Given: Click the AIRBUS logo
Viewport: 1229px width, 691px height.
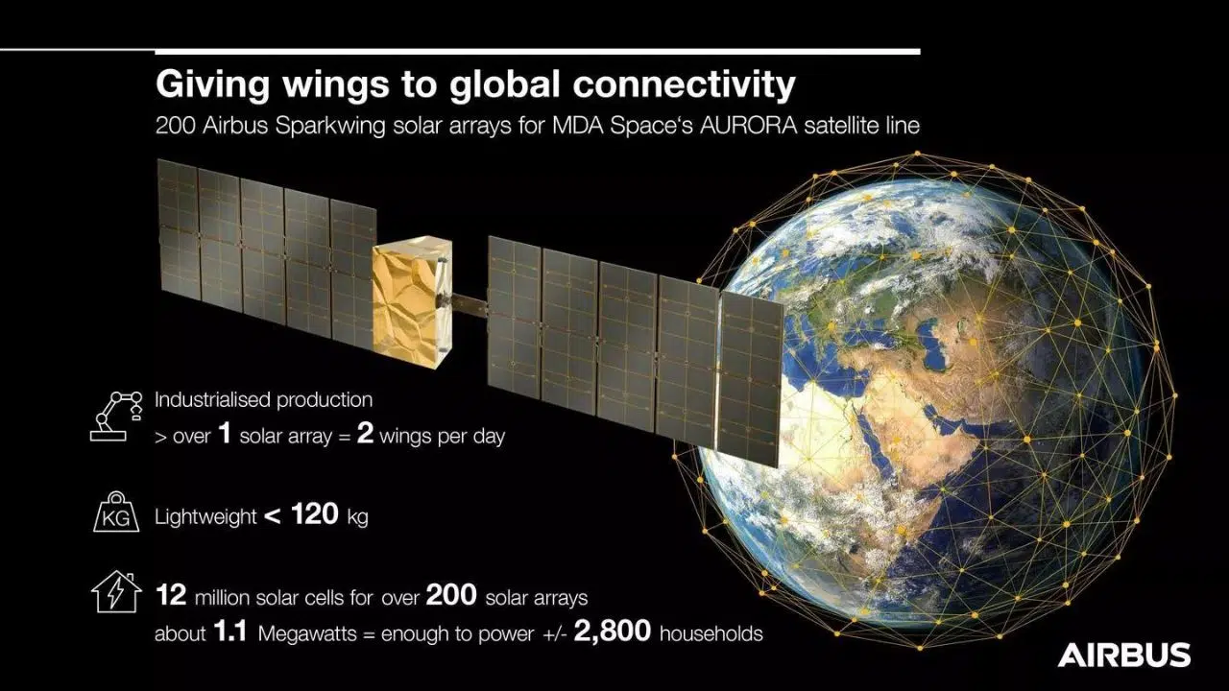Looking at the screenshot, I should click(x=1123, y=655).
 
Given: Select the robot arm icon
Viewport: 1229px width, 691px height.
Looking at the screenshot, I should click(x=114, y=415).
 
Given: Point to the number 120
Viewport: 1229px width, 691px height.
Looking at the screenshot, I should click(x=314, y=514).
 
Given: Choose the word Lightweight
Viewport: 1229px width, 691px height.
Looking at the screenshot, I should click(x=205, y=517).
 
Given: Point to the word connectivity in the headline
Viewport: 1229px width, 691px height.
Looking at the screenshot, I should click(x=684, y=84).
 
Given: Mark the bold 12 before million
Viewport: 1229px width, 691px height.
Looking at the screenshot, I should click(x=171, y=597).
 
